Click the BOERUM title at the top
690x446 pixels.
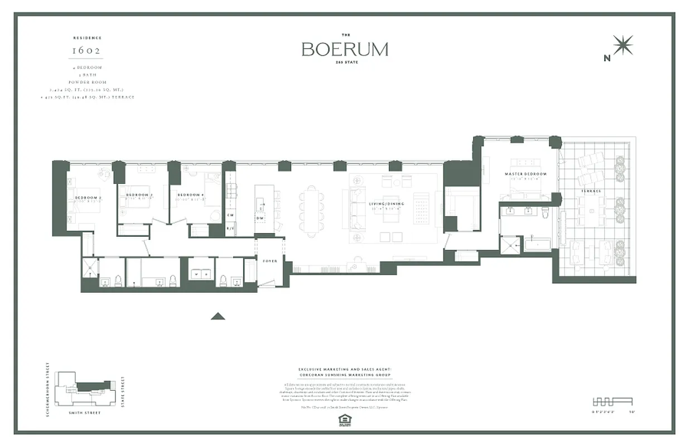click(x=345, y=49)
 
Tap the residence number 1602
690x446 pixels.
click(x=86, y=50)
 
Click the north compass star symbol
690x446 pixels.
click(x=623, y=45)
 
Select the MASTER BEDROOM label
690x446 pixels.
click(x=525, y=174)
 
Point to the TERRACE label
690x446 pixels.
click(x=591, y=191)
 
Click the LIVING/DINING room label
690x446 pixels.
click(x=386, y=204)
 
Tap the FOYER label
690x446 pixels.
click(x=270, y=260)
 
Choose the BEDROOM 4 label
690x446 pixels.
click(x=188, y=195)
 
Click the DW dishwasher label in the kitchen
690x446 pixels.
click(x=260, y=217)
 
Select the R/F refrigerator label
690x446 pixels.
click(x=230, y=229)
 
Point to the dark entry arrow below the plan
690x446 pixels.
click(x=218, y=316)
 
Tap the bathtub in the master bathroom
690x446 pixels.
click(x=537, y=244)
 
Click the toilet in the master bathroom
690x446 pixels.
click(x=545, y=212)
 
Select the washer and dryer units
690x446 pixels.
click(x=199, y=274)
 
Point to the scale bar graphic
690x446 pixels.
click(x=611, y=401)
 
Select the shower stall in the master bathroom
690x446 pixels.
click(x=509, y=244)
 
